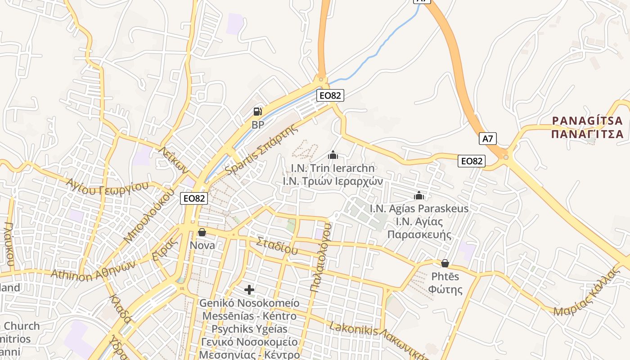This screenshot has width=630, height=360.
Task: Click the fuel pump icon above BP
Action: coord(257,111)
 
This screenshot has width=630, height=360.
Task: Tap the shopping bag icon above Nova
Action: coord(202,232)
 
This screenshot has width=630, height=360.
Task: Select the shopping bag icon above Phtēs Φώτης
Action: coord(445,263)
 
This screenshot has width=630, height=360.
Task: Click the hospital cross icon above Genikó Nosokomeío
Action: coord(249,290)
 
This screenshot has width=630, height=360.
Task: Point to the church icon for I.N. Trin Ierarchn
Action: coord(333,155)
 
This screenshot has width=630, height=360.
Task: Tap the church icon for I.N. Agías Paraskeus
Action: coord(419,196)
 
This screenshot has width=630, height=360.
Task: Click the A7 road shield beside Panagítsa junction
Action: coord(488,139)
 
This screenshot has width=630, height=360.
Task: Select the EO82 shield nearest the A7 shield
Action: coord(472,161)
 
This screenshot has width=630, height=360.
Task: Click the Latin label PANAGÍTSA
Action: coord(587,121)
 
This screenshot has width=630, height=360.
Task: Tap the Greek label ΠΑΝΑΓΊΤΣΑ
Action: coord(587,134)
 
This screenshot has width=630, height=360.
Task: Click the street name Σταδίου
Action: coord(277,246)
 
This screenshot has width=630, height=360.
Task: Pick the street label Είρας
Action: coord(163,249)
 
